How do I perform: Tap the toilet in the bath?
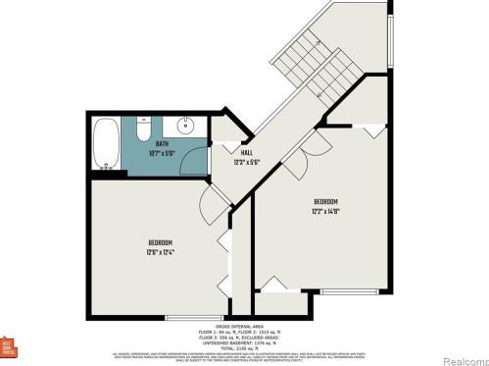(x=143, y=129)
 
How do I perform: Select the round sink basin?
(x=183, y=126)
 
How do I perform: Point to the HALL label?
(x=249, y=154)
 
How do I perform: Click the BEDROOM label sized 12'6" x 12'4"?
(x=161, y=242)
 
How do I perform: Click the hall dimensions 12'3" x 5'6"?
(x=249, y=162)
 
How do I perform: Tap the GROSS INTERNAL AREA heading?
(x=243, y=326)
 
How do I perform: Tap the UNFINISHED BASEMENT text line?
(x=243, y=341)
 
